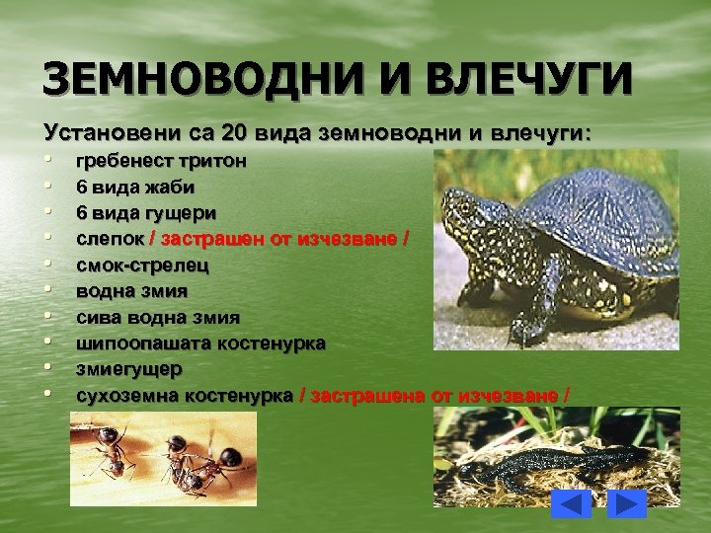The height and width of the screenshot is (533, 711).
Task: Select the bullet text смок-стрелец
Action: click(x=142, y=265)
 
